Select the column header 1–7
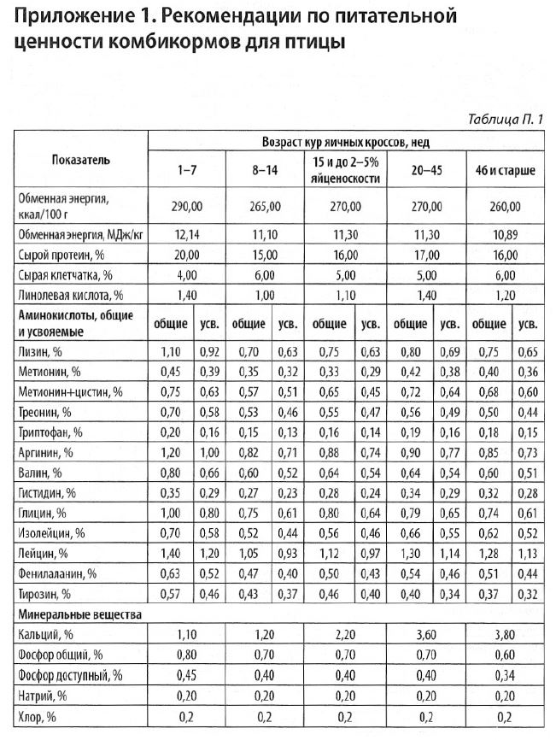[187, 171]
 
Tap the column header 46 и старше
[506, 171]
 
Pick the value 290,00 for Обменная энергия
[187, 207]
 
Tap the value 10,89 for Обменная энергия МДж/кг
[506, 233]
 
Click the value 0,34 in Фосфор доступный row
[506, 676]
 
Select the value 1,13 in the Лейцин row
[529, 553]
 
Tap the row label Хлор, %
[37, 716]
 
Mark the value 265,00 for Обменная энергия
[266, 207]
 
